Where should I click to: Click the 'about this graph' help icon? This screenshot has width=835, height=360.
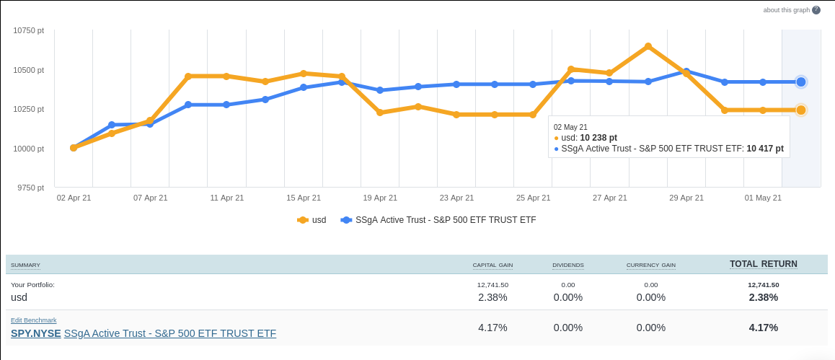[x=816, y=10]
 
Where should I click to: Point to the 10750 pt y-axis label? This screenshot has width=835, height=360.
[x=29, y=31]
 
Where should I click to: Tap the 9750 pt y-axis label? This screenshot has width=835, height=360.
[x=31, y=188]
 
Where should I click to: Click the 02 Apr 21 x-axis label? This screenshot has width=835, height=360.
[x=74, y=198]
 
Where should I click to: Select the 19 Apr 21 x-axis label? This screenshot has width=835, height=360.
[x=380, y=198]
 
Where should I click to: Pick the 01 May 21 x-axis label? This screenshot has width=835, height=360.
[x=763, y=198]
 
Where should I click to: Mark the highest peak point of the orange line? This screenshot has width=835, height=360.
[x=648, y=46]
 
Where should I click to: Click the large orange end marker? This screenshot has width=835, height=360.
[x=801, y=110]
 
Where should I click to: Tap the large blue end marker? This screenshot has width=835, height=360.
[x=801, y=82]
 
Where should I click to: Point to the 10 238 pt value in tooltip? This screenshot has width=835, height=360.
[x=598, y=138]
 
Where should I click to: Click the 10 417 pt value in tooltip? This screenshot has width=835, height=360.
[x=764, y=149]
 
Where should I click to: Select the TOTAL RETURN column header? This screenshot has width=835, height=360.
[x=763, y=264]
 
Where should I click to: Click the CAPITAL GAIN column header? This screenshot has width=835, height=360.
[x=492, y=265]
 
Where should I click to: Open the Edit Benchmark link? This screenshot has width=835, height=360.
[x=34, y=320]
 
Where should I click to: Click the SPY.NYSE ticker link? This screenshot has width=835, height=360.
[x=36, y=333]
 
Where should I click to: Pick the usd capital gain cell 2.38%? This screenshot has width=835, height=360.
[x=492, y=297]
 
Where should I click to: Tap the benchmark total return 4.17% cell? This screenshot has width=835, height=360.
[x=763, y=328]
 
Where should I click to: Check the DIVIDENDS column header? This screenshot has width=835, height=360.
[x=568, y=265]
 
